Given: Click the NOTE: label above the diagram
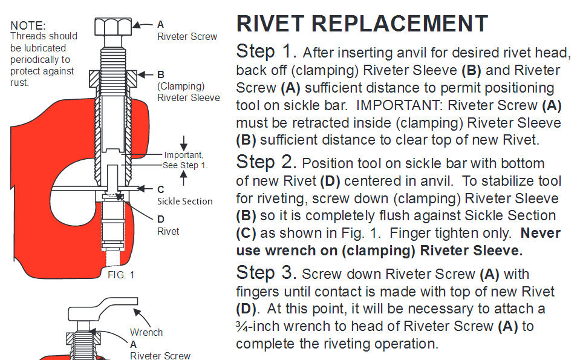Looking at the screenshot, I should point(28,26).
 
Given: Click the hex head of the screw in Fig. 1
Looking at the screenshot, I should point(113,27).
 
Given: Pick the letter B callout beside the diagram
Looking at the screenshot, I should point(161,74).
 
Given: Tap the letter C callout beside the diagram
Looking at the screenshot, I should point(161,189).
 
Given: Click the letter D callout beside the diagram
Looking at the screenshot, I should point(161,219).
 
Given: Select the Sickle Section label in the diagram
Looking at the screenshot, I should point(185,201).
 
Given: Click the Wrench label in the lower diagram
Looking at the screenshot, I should point(146,332).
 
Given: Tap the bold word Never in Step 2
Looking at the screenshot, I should point(541,233).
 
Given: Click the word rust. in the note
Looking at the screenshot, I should point(21,83).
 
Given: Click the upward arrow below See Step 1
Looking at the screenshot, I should point(184,178).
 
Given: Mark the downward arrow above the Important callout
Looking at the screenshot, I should point(184,142).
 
